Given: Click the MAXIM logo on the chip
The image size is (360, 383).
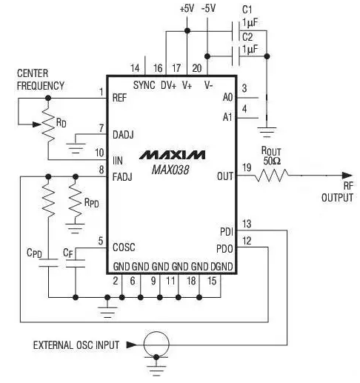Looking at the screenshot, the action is click(172, 155).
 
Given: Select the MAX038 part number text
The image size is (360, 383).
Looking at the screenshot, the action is click(170, 170).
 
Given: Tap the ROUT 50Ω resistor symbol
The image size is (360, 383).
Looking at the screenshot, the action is click(271, 176).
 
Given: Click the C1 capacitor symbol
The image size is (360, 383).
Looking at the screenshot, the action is click(236, 31).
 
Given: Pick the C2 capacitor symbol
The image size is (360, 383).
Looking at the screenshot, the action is click(236, 56).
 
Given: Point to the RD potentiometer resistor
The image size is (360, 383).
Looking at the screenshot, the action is click(48, 124).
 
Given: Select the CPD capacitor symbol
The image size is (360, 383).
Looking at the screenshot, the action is click(48, 263).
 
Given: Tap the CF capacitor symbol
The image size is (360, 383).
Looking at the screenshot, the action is click(76, 263).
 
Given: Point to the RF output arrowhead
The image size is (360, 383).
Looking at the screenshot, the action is click(347, 176).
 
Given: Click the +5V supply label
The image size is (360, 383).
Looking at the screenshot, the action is click(187, 9).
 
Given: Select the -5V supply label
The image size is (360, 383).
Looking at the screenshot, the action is click(208, 9).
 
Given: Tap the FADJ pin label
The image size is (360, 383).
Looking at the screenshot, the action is click(122, 177).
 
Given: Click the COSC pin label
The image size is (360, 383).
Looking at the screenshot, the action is click(124, 247).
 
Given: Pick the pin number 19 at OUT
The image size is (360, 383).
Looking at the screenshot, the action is click(247, 167).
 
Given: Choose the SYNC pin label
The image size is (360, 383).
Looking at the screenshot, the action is click(144, 85).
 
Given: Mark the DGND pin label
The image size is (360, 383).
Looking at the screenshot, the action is click(221, 267).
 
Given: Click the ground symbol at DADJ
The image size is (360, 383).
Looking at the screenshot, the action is click(76, 148).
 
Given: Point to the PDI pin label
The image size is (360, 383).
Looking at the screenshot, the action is click(227, 232).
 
